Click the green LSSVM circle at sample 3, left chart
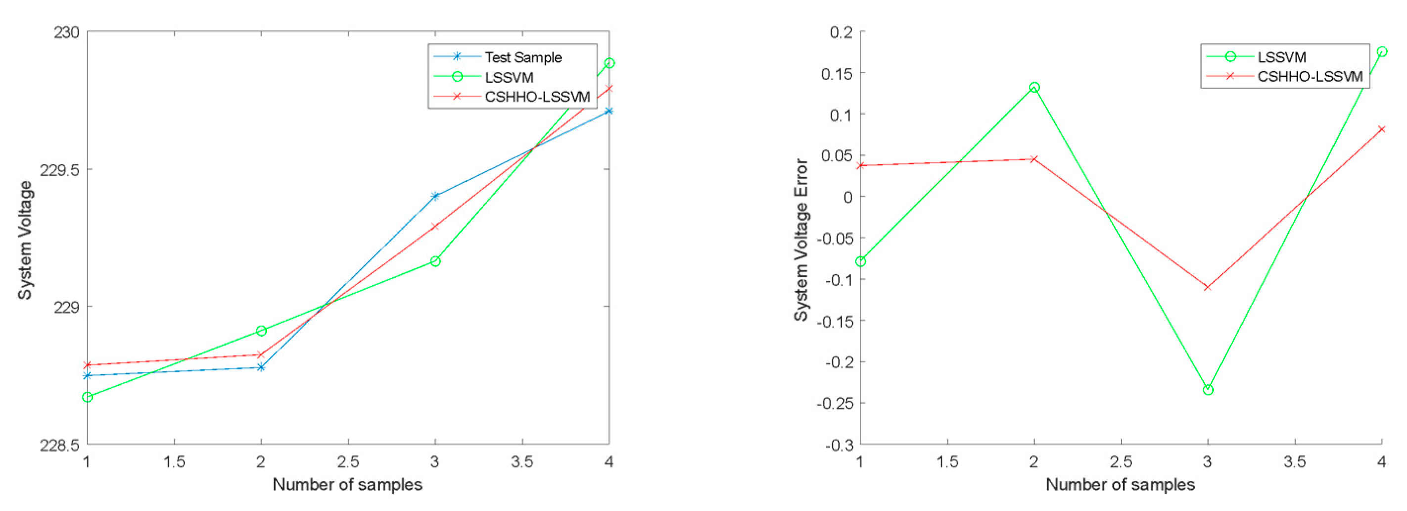(x=435, y=261)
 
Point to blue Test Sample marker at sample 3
(x=435, y=196)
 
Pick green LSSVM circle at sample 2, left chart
(x=261, y=331)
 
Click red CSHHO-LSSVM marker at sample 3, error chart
(x=1208, y=287)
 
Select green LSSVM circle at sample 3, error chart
(x=1208, y=390)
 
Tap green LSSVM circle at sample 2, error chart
(x=1034, y=88)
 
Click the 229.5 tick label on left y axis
(x=59, y=170)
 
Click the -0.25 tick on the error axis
(x=834, y=404)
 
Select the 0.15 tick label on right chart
(x=836, y=73)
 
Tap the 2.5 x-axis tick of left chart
(x=348, y=462)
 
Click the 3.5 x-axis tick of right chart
(x=1295, y=462)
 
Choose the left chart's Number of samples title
(x=347, y=485)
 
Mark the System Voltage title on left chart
(x=25, y=240)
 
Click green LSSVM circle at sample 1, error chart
(x=860, y=261)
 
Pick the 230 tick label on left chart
(x=66, y=32)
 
